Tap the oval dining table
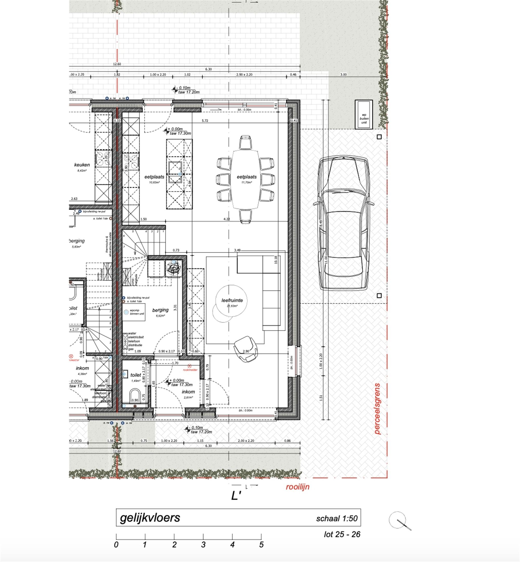(x=245, y=179)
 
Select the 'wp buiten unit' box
(x=363, y=115)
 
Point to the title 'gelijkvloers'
(x=150, y=517)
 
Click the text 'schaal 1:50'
(x=336, y=518)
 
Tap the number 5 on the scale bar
(x=261, y=545)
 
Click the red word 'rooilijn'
(x=297, y=487)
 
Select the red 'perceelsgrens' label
(x=377, y=408)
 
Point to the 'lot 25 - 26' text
(x=342, y=534)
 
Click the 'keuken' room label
(x=82, y=165)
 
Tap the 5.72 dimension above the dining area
(x=205, y=121)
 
